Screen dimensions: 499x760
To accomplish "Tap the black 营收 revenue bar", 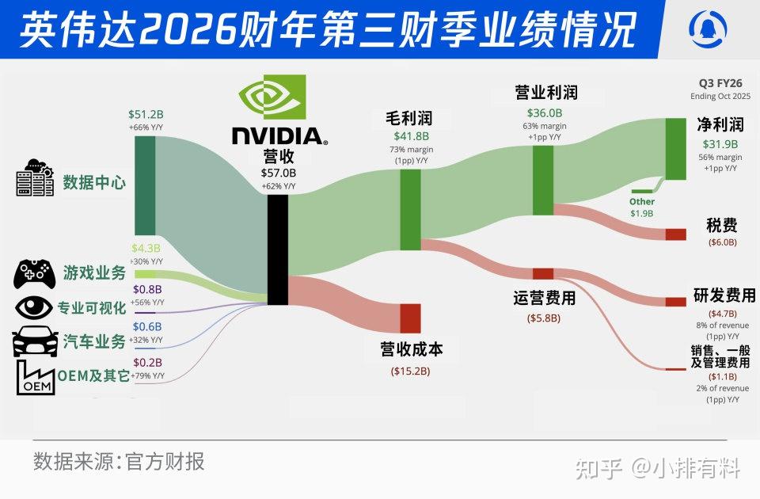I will point(277,249).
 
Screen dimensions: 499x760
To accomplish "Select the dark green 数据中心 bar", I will point(145,185).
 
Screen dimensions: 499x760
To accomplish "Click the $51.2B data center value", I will point(145,114).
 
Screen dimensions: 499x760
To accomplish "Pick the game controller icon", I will point(33,273).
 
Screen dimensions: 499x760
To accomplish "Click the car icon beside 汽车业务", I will point(35,341).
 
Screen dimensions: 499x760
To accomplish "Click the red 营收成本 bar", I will point(410,318).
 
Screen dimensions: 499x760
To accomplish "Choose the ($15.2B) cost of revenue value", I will point(410,371).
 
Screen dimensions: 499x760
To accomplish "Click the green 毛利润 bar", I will point(410,209).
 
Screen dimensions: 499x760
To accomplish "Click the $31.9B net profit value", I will point(720,144).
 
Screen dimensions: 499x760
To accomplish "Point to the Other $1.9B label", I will point(642,208).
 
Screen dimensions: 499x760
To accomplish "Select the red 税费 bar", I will point(675,234).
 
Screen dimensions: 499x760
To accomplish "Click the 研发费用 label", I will point(724,295).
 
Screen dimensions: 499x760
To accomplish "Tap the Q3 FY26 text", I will point(720,83).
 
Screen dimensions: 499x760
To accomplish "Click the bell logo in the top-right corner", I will point(709,29).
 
